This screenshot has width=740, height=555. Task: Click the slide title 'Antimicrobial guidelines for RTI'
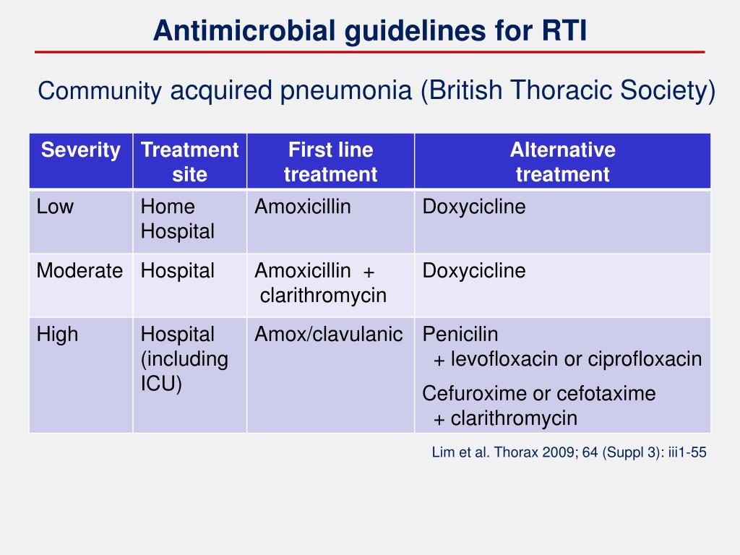pos(370,30)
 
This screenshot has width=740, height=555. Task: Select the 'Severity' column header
pos(80,150)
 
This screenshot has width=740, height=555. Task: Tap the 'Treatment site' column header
pos(189,162)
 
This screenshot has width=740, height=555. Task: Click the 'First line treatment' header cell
pos(330,162)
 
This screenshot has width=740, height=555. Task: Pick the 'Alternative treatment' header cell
pos(562,162)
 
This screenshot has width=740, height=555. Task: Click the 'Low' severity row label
pos(55,207)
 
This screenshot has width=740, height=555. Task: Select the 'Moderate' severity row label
pos(79,271)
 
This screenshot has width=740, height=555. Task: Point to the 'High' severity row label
pos(57,335)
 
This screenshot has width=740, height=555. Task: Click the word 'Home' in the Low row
pos(168,207)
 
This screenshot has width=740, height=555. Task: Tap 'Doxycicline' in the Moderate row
pos(474,271)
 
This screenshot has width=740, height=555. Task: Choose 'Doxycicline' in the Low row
pos(474,207)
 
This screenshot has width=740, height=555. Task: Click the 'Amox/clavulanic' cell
pos(329,335)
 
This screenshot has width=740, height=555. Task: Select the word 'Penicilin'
pos(460,335)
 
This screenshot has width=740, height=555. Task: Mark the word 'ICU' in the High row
pos(160,384)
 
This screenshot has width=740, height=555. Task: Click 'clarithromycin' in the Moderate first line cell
pos(323,296)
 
